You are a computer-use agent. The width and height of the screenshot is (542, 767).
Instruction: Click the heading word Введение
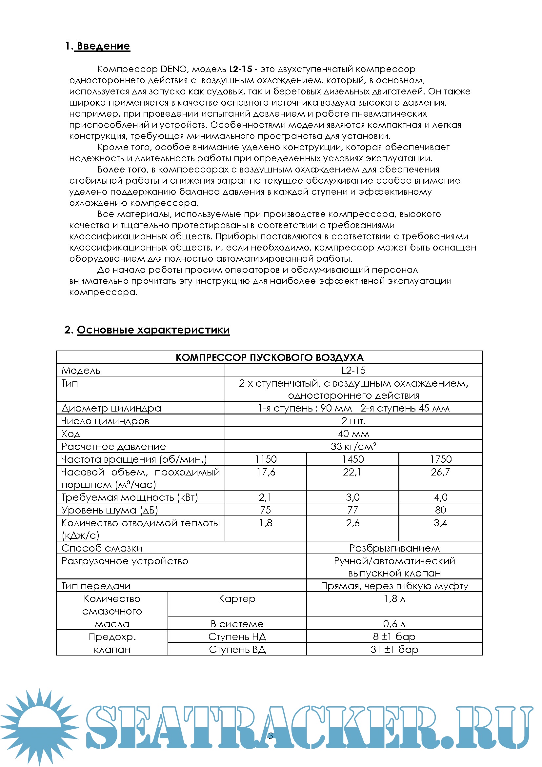(x=103, y=46)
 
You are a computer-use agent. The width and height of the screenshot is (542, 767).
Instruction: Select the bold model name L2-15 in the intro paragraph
(x=240, y=69)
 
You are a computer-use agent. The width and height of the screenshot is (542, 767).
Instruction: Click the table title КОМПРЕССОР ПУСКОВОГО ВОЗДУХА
(x=269, y=357)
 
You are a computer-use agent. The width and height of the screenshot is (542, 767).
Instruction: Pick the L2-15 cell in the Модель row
(x=353, y=370)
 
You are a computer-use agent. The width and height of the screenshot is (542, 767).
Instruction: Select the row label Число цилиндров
(x=105, y=421)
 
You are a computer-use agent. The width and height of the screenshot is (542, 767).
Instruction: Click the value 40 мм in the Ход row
(x=353, y=434)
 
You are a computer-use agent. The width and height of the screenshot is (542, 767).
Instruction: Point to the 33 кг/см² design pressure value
(x=353, y=446)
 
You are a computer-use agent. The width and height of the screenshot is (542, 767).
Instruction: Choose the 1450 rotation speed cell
(x=353, y=459)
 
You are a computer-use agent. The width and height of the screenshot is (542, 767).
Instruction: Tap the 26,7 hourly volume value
(x=440, y=472)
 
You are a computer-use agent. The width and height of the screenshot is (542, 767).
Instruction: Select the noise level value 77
(x=353, y=510)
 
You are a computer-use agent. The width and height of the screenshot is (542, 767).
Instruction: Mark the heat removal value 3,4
(x=440, y=522)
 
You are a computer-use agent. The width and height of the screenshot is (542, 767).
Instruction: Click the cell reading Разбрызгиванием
(x=394, y=548)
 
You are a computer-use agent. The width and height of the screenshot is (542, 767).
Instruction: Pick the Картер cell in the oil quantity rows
(x=237, y=598)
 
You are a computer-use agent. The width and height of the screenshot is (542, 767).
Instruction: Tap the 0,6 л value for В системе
(x=394, y=624)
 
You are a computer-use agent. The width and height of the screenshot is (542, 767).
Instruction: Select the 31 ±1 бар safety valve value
(x=394, y=649)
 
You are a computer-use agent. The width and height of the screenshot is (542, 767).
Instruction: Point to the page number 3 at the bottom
(x=271, y=736)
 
